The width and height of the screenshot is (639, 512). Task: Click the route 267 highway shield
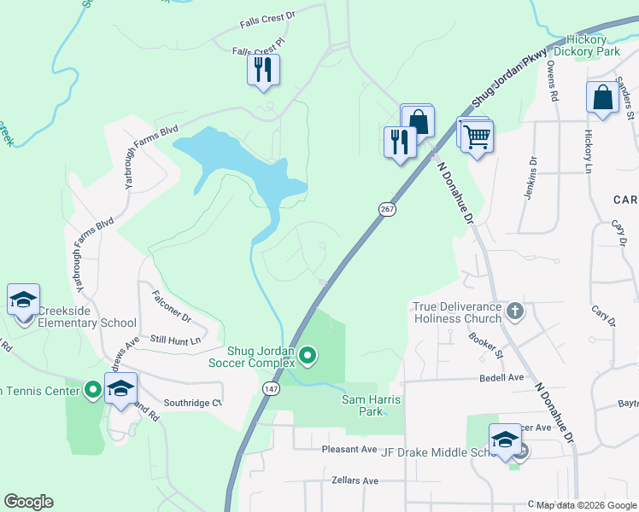(386, 209)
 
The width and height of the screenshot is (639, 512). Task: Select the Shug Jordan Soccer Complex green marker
(309, 355)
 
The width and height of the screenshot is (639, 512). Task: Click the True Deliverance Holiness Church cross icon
(514, 311)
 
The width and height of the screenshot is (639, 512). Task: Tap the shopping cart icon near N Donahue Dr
(477, 135)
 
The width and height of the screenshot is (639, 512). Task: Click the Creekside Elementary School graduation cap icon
(23, 300)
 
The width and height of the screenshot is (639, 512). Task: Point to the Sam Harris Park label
(372, 405)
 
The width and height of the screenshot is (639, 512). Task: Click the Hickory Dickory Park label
(586, 45)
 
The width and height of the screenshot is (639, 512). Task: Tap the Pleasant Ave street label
(349, 449)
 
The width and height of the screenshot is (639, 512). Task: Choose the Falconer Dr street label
(171, 307)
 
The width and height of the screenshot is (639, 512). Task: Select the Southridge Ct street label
(192, 403)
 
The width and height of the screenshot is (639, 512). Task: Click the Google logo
(28, 502)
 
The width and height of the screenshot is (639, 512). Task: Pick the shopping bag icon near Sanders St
(602, 97)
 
